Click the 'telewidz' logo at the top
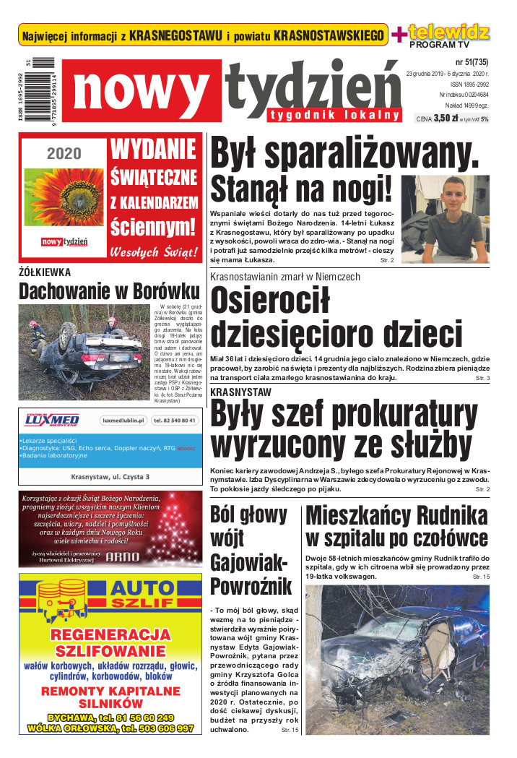(448, 32)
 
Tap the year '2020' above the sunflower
(64, 153)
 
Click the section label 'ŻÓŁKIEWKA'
(45, 272)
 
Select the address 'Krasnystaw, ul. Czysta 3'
(110, 477)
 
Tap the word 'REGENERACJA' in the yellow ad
(110, 634)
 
